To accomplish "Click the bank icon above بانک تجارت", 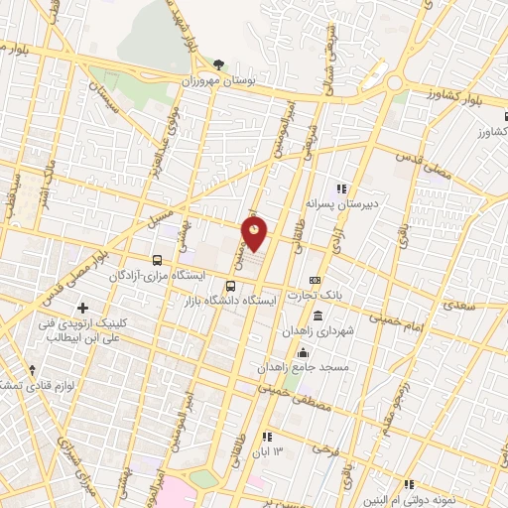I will [315, 281].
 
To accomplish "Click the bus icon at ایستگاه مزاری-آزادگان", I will [157, 259].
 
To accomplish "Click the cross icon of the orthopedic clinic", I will [81, 308].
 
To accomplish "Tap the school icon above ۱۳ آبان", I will [266, 436].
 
